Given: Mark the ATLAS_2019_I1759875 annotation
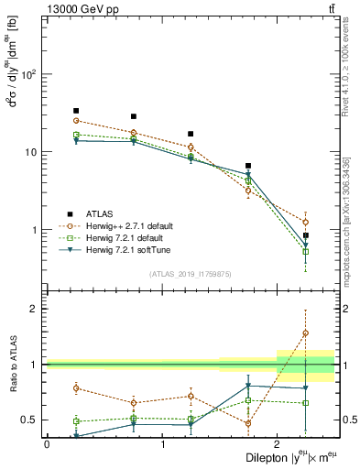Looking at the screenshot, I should pos(191,274).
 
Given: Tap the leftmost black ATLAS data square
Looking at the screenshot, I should pos(76,111).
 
